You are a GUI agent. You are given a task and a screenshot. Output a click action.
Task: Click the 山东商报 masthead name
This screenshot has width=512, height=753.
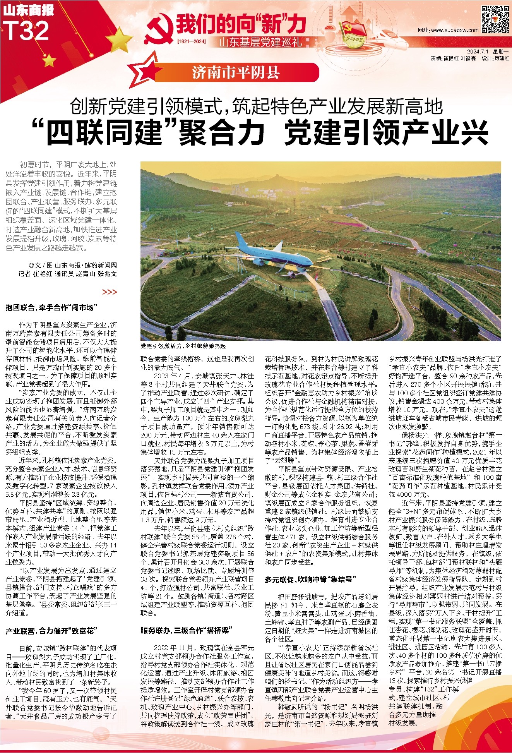coord(28,10)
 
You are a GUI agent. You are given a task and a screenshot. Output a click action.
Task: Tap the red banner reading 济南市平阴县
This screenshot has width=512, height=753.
coord(236,72)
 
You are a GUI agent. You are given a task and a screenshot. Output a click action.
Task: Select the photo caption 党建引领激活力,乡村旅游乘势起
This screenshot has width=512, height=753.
coord(183,346)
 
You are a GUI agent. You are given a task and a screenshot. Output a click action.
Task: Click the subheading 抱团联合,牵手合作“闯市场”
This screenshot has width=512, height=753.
coord(51,308)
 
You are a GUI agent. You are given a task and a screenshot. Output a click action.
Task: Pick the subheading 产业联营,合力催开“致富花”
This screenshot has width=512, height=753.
coord(51,631)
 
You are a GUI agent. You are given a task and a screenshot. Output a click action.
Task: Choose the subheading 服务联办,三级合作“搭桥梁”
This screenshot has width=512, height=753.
coord(185,630)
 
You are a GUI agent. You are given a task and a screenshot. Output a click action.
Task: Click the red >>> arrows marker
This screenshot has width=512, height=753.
coord(110,292)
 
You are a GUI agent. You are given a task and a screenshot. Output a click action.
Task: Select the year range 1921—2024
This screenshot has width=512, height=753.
coord(191,41)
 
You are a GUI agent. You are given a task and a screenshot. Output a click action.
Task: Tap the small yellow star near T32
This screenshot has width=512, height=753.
coord(49,60)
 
